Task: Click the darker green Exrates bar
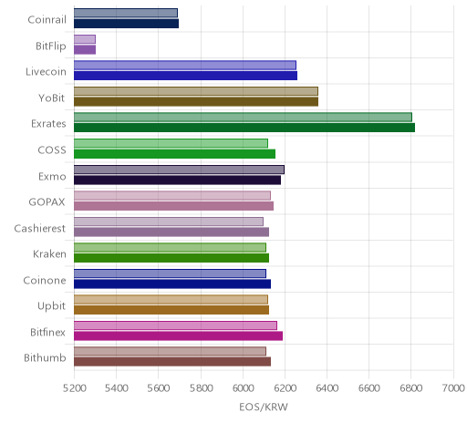[244, 128]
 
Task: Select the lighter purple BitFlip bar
[85, 39]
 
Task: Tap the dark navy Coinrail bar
[126, 24]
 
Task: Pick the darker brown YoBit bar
[196, 102]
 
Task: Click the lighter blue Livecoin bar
[185, 66]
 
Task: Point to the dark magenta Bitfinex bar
[178, 336]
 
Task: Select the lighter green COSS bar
[171, 143]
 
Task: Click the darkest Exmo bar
[177, 180]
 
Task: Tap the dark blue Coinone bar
[172, 284]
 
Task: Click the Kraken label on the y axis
[49, 254]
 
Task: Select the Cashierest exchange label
[40, 228]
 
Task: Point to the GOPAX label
[47, 202]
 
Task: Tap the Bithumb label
[45, 358]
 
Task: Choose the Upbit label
[51, 306]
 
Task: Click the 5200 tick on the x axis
[74, 388]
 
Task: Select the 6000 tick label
[244, 388]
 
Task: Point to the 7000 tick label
[453, 388]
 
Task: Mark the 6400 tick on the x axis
[327, 388]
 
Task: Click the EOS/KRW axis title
[264, 408]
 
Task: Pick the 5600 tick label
[159, 388]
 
